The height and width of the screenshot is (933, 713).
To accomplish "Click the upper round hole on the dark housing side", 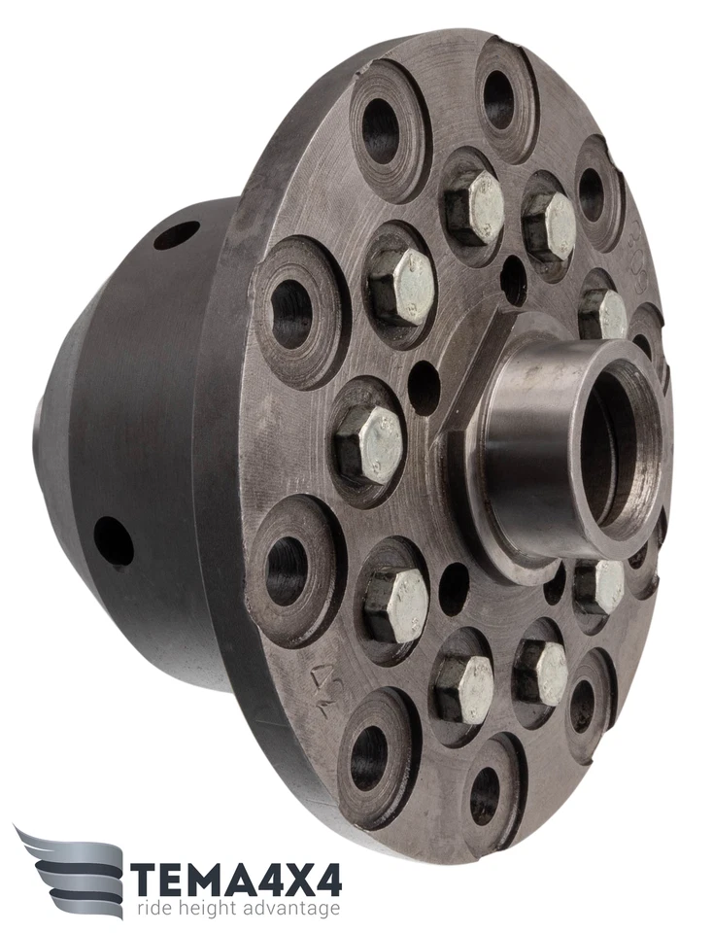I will click(x=176, y=234).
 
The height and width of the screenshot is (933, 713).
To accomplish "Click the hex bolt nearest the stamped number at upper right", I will click(x=603, y=313).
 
